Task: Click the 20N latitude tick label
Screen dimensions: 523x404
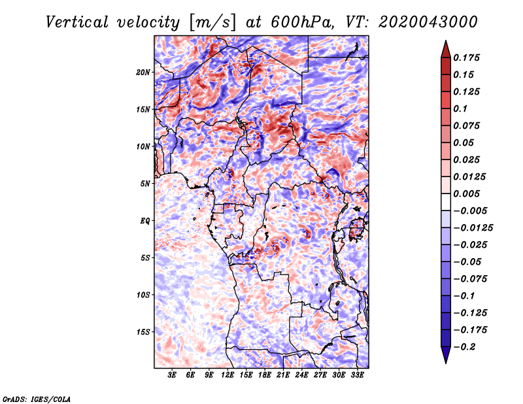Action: click(143, 73)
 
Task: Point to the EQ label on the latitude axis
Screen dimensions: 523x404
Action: click(144, 221)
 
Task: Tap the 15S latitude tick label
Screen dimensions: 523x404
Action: click(143, 332)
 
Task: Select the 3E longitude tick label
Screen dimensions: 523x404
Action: click(172, 375)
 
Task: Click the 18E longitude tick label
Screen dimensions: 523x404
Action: click(265, 375)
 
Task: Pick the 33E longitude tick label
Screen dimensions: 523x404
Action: click(357, 375)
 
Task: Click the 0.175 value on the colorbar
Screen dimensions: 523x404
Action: click(466, 58)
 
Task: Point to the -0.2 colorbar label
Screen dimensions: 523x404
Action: click(464, 347)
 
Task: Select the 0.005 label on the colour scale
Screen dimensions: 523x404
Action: click(466, 194)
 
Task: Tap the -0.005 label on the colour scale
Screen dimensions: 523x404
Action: click(470, 211)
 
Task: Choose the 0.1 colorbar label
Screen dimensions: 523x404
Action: click(460, 109)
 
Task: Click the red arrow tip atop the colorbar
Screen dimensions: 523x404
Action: click(446, 41)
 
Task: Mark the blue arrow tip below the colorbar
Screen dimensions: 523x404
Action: click(446, 363)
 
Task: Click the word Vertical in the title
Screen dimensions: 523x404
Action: click(76, 22)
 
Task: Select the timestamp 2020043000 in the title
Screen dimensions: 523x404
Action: click(428, 22)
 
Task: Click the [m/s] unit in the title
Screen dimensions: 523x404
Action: click(212, 23)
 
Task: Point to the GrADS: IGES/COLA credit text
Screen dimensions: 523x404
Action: click(37, 399)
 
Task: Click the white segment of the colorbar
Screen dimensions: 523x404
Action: click(446, 202)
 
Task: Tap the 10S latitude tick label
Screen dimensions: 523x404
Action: click(143, 295)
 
